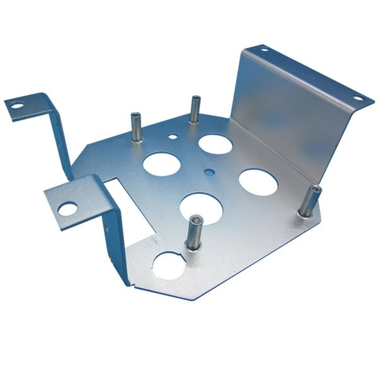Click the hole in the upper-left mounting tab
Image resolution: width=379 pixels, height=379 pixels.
pos(17,106)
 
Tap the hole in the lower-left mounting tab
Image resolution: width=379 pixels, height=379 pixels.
pos(68,208)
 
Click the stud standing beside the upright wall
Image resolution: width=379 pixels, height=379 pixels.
pos(309,202)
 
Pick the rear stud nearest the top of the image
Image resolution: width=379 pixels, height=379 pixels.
pos(195,109)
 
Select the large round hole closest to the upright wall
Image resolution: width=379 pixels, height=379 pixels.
pos(258,181)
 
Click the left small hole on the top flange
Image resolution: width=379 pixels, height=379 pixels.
pos(264,51)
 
